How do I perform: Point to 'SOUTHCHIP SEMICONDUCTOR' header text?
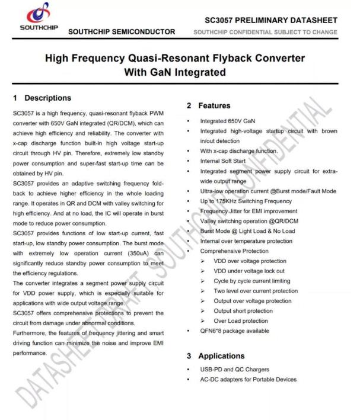[122, 31]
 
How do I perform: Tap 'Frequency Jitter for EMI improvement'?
[249, 211]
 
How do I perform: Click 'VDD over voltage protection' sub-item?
[250, 261]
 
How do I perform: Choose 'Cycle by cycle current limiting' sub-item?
[252, 281]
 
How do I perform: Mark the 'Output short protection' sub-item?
[243, 311]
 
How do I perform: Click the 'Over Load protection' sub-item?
[241, 321]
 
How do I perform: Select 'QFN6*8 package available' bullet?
[235, 331]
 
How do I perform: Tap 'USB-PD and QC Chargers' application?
[234, 370]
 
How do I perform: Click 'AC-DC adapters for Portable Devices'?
[248, 380]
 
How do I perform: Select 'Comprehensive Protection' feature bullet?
[234, 251]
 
